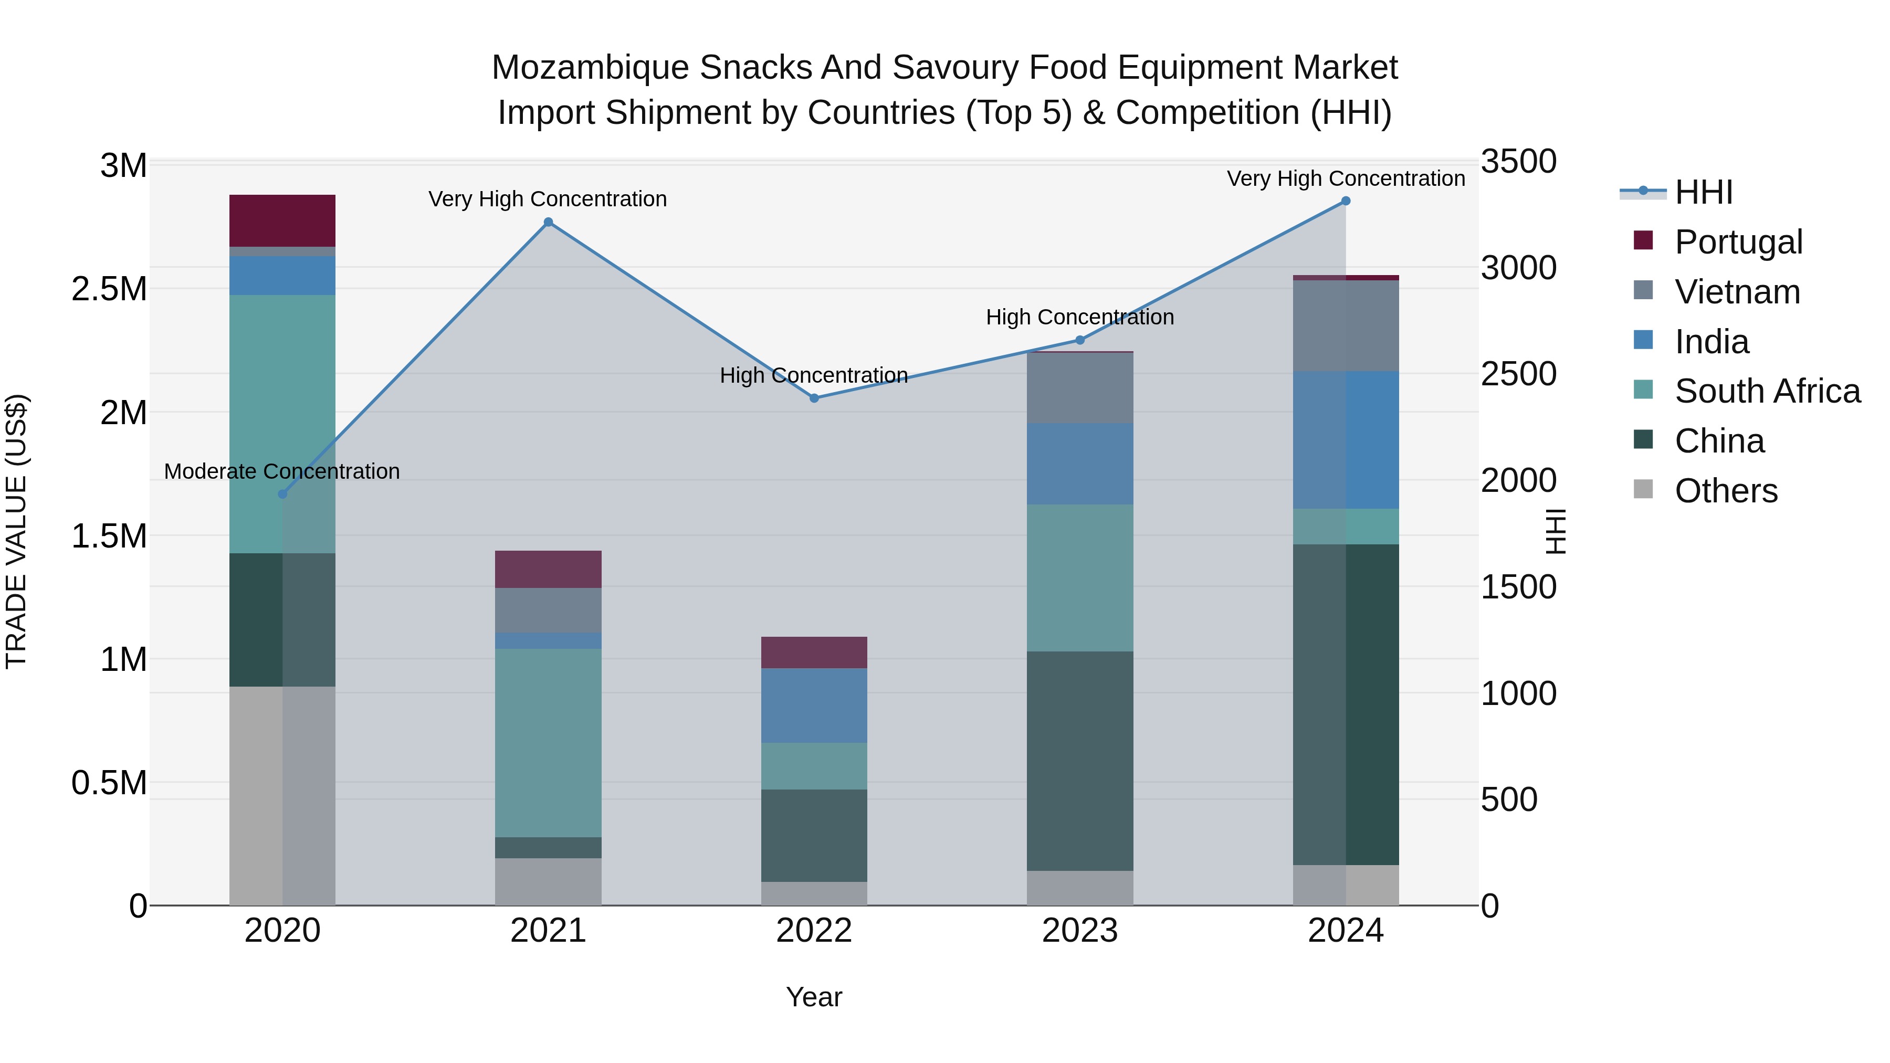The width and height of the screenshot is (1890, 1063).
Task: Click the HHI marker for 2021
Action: click(548, 222)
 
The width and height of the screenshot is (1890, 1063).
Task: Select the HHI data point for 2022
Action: click(814, 398)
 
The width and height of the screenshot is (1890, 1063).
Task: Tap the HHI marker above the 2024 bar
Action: click(1346, 201)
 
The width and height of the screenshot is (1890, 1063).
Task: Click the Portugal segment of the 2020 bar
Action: click(282, 220)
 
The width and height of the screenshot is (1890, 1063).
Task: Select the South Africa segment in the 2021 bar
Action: click(548, 742)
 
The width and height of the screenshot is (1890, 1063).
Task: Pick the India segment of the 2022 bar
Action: click(814, 705)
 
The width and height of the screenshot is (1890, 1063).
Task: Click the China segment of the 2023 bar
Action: click(1080, 761)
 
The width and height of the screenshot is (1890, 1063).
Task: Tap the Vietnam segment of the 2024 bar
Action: click(1346, 325)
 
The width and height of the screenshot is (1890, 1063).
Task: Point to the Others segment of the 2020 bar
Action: click(282, 796)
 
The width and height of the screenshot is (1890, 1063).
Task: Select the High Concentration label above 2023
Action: click(1080, 317)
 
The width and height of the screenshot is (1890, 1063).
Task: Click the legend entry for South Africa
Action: click(1767, 391)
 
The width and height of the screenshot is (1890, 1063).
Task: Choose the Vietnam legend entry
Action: click(1737, 292)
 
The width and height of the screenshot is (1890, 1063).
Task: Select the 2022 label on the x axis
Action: click(814, 931)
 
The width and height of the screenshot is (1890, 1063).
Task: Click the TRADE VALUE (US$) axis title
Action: click(16, 531)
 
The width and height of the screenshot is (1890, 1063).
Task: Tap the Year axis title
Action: click(814, 997)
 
